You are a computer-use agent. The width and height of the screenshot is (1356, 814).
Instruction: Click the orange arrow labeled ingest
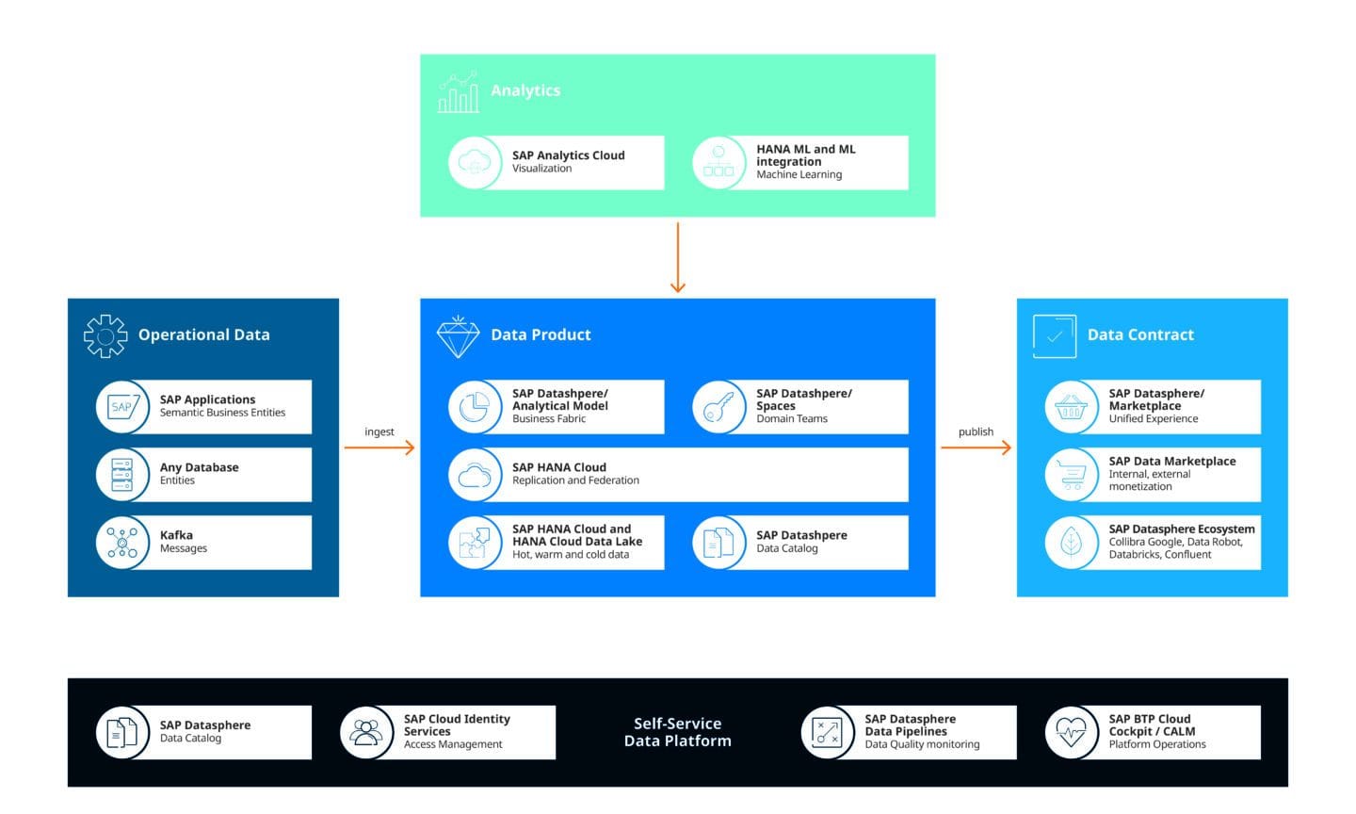pyautogui.click(x=379, y=448)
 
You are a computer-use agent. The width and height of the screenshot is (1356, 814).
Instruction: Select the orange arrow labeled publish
pyautogui.click(x=976, y=448)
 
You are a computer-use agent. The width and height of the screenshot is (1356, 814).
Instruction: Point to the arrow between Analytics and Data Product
pyautogui.click(x=677, y=257)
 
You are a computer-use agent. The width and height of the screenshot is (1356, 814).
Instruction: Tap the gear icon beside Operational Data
pyautogui.click(x=105, y=335)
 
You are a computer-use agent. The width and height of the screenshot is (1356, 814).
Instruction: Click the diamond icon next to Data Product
pyautogui.click(x=459, y=336)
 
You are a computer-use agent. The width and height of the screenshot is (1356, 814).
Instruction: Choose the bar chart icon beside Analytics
pyautogui.click(x=459, y=92)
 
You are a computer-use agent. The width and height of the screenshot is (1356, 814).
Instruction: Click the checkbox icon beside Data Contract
pyautogui.click(x=1054, y=336)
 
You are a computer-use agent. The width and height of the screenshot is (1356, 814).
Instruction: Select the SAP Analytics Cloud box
pyautogui.click(x=557, y=162)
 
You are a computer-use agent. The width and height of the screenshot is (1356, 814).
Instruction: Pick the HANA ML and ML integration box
pyautogui.click(x=800, y=162)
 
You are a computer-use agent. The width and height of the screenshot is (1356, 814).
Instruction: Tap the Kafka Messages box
pyautogui.click(x=203, y=542)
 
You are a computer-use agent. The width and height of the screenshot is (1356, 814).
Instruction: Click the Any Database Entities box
pyautogui.click(x=203, y=474)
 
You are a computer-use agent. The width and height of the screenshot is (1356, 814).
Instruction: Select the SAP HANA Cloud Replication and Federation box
pyautogui.click(x=678, y=474)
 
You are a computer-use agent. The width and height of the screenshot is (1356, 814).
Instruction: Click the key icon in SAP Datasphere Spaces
pyautogui.click(x=718, y=407)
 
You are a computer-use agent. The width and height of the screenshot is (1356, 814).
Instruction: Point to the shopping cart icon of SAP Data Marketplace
pyautogui.click(x=1072, y=475)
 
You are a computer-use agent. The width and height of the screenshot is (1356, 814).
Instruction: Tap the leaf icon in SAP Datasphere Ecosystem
pyautogui.click(x=1072, y=543)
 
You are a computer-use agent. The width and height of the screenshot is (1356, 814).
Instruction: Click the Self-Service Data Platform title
pyautogui.click(x=677, y=732)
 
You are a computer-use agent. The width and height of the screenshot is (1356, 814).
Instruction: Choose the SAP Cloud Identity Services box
pyautogui.click(x=448, y=732)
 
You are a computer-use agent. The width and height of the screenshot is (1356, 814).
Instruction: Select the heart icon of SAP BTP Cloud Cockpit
pyautogui.click(x=1072, y=732)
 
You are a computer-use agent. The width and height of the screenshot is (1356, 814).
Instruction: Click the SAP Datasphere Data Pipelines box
pyautogui.click(x=909, y=732)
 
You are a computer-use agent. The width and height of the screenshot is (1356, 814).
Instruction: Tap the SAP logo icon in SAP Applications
pyautogui.click(x=122, y=407)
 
